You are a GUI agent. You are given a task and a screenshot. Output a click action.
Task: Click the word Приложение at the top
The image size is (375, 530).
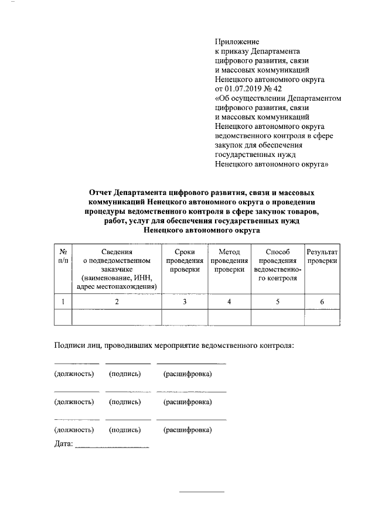pyautogui.click(x=237, y=42)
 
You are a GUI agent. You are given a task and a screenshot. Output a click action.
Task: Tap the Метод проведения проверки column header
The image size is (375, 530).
pyautogui.click(x=229, y=260)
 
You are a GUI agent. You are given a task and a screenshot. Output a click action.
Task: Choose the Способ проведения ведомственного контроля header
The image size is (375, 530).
pyautogui.click(x=278, y=265)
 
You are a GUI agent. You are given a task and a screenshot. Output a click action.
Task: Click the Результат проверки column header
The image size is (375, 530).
pyautogui.click(x=322, y=255)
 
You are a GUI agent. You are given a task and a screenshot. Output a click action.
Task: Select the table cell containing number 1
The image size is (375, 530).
pyautogui.click(x=63, y=302)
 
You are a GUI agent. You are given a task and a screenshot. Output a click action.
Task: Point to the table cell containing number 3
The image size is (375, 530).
pyautogui.click(x=185, y=302)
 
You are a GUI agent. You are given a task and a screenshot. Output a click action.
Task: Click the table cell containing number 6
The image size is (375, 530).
pyautogui.click(x=322, y=302)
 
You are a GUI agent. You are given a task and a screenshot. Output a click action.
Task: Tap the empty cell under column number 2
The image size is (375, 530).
pyautogui.click(x=117, y=317)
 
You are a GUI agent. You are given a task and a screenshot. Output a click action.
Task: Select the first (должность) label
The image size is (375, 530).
pyautogui.click(x=74, y=374)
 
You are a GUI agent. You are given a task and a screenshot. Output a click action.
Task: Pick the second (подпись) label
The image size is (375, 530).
pyautogui.click(x=125, y=402)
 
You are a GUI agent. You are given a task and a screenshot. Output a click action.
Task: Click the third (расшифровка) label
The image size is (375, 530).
pyautogui.click(x=187, y=430)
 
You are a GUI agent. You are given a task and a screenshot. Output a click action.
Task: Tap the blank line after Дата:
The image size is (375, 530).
pyautogui.click(x=112, y=447)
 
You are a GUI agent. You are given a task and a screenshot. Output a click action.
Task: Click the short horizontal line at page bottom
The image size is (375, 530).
pyautogui.click(x=201, y=491)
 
